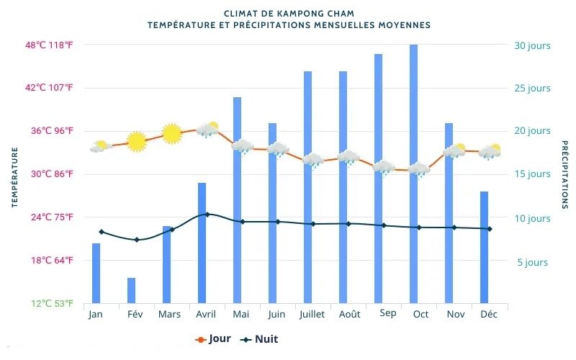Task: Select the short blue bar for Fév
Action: click(132, 290)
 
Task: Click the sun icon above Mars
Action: click(171, 134)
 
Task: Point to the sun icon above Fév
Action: click(136, 142)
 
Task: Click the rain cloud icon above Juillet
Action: click(313, 161)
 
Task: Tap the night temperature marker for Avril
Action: click(207, 214)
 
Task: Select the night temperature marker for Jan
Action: click(102, 232)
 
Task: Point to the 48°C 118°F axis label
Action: click(49, 45)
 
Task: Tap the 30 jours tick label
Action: click(532, 45)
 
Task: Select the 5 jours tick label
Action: click(533, 263)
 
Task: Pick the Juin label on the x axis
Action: click(276, 315)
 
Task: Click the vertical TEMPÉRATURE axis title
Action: click(14, 177)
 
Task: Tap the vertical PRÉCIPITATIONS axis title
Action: click(564, 175)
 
